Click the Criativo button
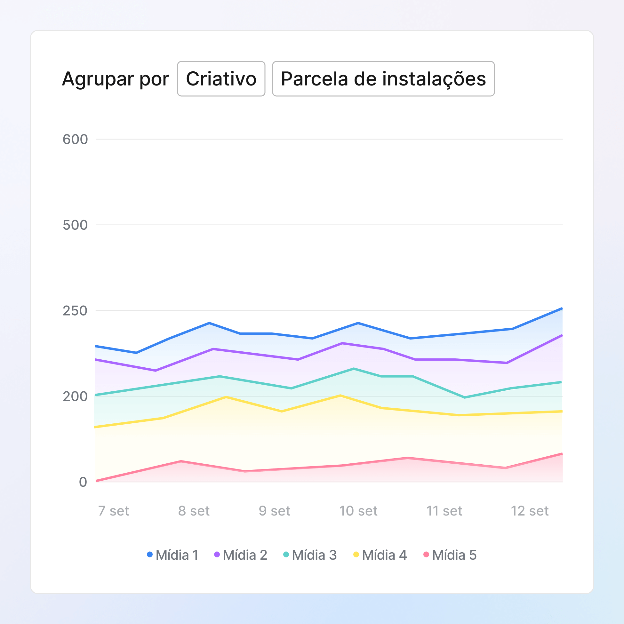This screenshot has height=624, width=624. [221, 79]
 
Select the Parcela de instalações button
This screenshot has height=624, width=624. [383, 79]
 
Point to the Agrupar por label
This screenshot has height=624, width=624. [115, 79]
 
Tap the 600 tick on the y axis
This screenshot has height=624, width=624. [75, 140]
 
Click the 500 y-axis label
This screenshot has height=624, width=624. [75, 225]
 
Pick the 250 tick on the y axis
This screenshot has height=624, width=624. [75, 311]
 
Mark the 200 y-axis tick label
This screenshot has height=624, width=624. [75, 396]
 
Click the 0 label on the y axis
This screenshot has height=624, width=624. [83, 482]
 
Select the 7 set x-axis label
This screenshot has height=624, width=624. [113, 511]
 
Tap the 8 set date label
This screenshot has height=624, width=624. [194, 511]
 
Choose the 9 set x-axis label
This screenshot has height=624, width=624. [275, 511]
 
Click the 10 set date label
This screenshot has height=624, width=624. [358, 511]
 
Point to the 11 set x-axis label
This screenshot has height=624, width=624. [444, 511]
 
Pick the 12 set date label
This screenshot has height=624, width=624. [530, 511]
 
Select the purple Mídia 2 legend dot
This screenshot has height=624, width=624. [217, 555]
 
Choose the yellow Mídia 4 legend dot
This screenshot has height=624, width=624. [356, 555]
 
